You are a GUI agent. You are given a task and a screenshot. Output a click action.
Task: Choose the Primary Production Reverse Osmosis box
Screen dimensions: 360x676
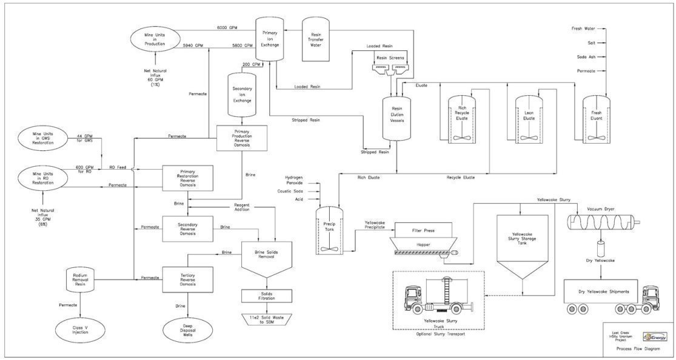tap(242, 137)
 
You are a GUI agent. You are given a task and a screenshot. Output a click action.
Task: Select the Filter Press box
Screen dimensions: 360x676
tap(423, 231)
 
